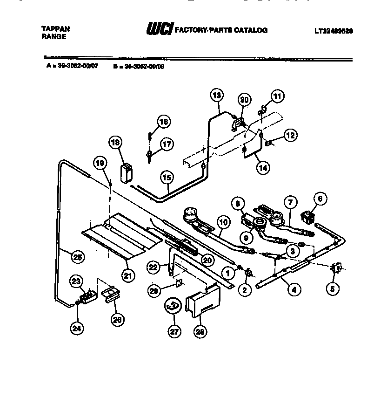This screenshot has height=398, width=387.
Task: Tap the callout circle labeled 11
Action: click(277, 97)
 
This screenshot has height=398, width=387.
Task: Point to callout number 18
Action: click(115, 142)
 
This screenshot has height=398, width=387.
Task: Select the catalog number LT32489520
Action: click(334, 31)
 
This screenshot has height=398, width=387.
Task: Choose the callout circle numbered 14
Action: click(264, 167)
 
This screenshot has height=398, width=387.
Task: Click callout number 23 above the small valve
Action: click(76, 281)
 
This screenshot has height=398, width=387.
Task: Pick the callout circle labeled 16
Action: click(163, 122)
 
